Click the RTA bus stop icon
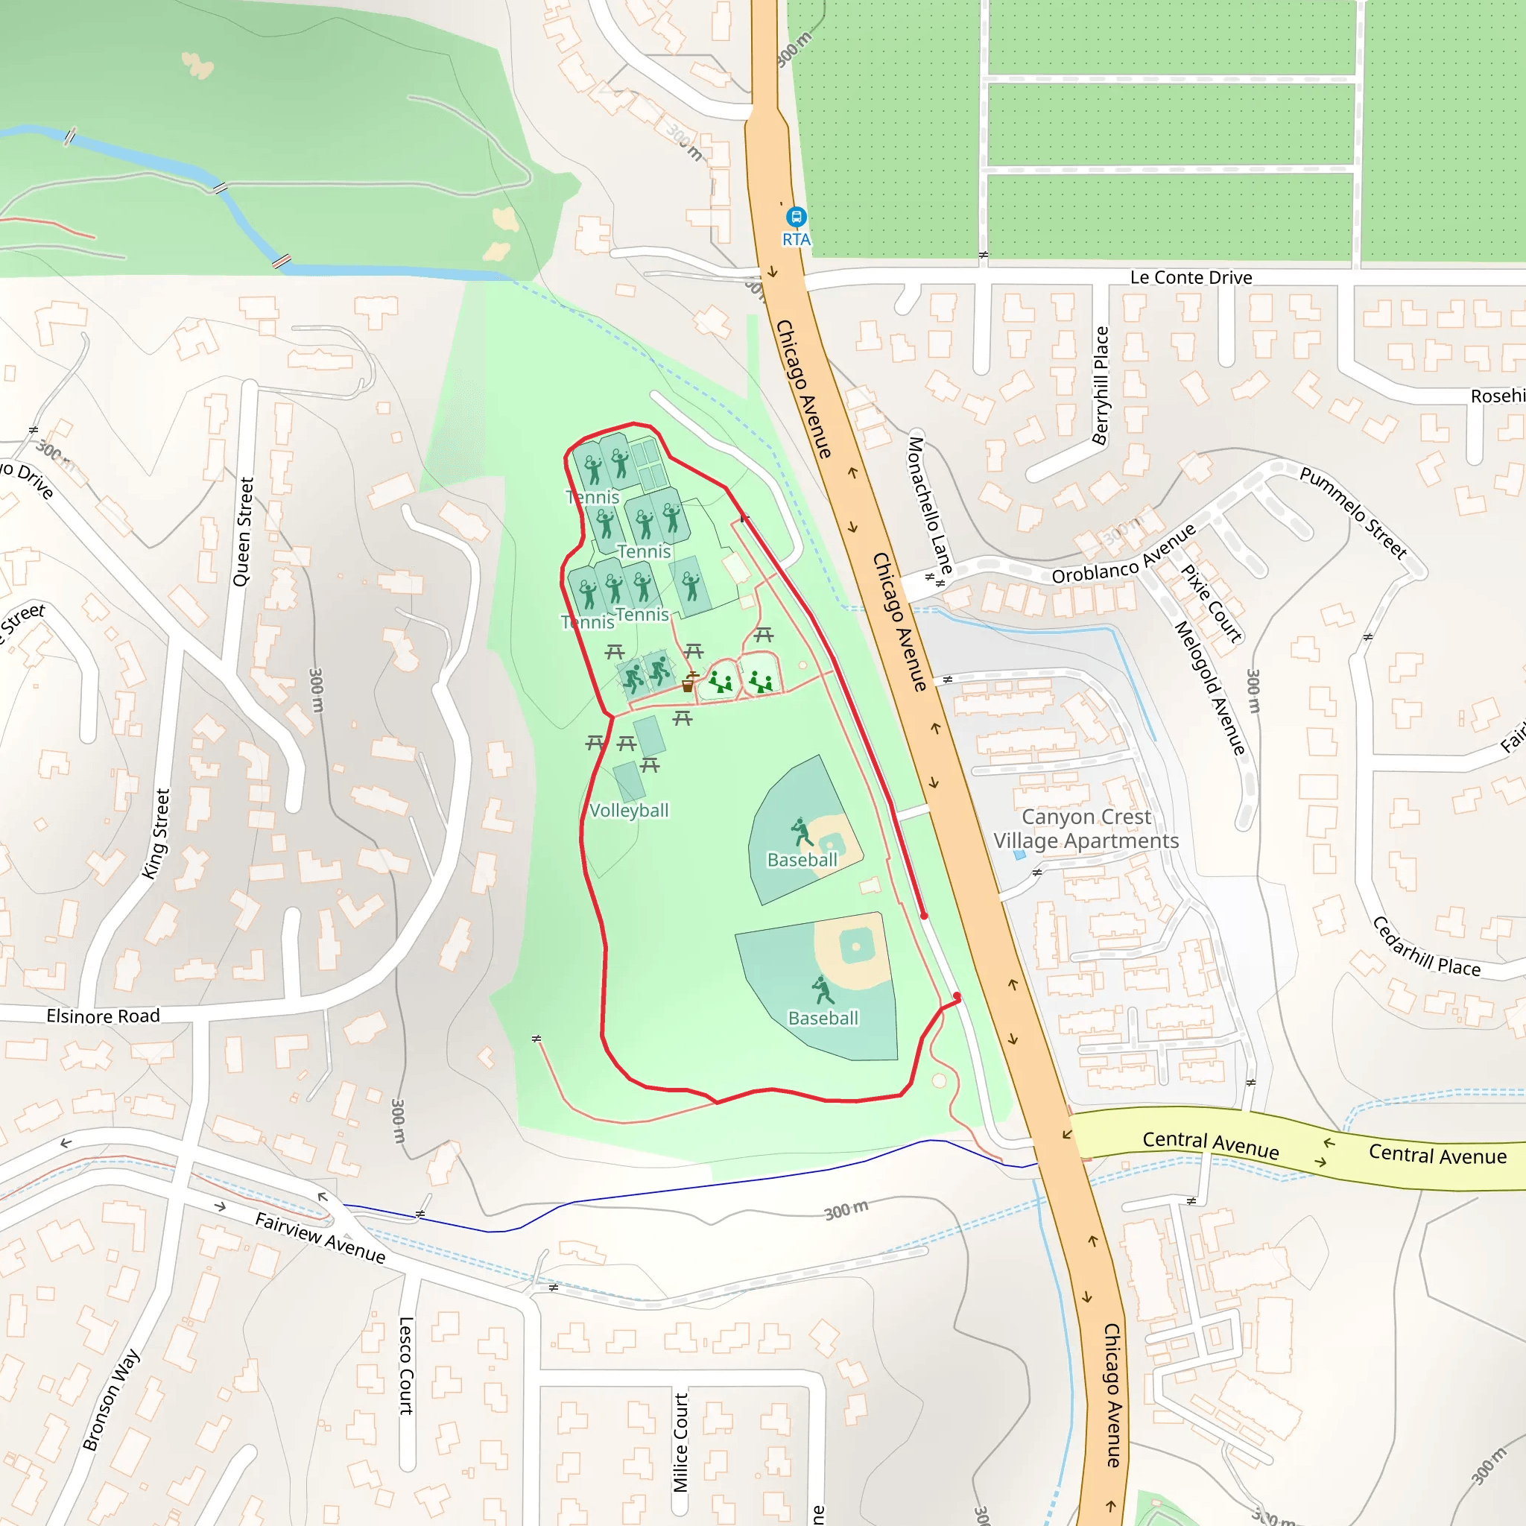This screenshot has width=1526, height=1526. (795, 215)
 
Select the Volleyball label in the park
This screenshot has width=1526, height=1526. (629, 811)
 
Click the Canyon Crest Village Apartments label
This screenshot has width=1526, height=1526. (1086, 829)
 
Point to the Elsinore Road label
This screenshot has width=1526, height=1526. (103, 1016)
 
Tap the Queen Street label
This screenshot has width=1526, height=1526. (243, 531)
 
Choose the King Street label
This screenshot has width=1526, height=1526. (156, 834)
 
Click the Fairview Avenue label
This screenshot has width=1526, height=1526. (320, 1237)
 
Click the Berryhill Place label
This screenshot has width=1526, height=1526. (1101, 385)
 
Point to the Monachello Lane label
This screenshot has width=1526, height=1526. (930, 504)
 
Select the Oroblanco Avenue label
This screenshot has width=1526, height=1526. (1124, 554)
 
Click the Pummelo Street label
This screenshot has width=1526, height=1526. (1353, 513)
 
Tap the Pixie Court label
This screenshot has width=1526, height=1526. (1211, 603)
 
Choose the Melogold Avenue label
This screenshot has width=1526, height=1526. (1209, 687)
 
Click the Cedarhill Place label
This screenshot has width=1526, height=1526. (1426, 947)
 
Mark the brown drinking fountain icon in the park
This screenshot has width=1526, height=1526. (688, 685)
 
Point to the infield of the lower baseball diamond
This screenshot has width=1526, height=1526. (855, 946)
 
